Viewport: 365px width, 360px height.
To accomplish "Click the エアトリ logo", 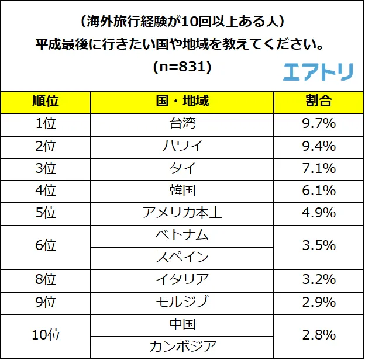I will [x=318, y=71].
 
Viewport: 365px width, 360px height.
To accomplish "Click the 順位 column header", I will [x=45, y=102].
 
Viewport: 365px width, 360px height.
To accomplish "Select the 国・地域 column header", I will [x=182, y=102].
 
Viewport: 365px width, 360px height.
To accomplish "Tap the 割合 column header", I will [x=319, y=102].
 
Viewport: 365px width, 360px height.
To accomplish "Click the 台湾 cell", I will [x=182, y=124].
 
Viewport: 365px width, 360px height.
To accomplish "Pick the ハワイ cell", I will [x=182, y=146].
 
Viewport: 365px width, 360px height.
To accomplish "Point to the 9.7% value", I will [x=319, y=124].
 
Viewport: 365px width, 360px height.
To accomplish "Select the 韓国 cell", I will [x=182, y=191].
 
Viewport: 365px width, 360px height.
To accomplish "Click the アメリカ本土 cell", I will [x=182, y=213].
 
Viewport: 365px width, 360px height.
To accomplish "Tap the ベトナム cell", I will [x=182, y=235].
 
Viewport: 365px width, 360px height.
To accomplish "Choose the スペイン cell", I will [x=182, y=257].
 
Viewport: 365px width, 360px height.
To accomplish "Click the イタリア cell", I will [x=182, y=280].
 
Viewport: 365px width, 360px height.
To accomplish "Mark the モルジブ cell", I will [x=182, y=302].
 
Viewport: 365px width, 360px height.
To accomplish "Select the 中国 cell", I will [x=182, y=324].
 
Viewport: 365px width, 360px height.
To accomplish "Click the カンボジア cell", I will [x=182, y=347].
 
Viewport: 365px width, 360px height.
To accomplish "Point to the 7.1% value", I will [x=319, y=168].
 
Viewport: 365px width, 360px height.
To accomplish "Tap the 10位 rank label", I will [x=45, y=335].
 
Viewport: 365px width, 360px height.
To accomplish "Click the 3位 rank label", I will [x=45, y=168].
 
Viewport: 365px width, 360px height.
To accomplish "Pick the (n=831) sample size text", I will [x=182, y=67].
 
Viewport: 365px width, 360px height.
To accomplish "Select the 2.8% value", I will [x=319, y=335].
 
